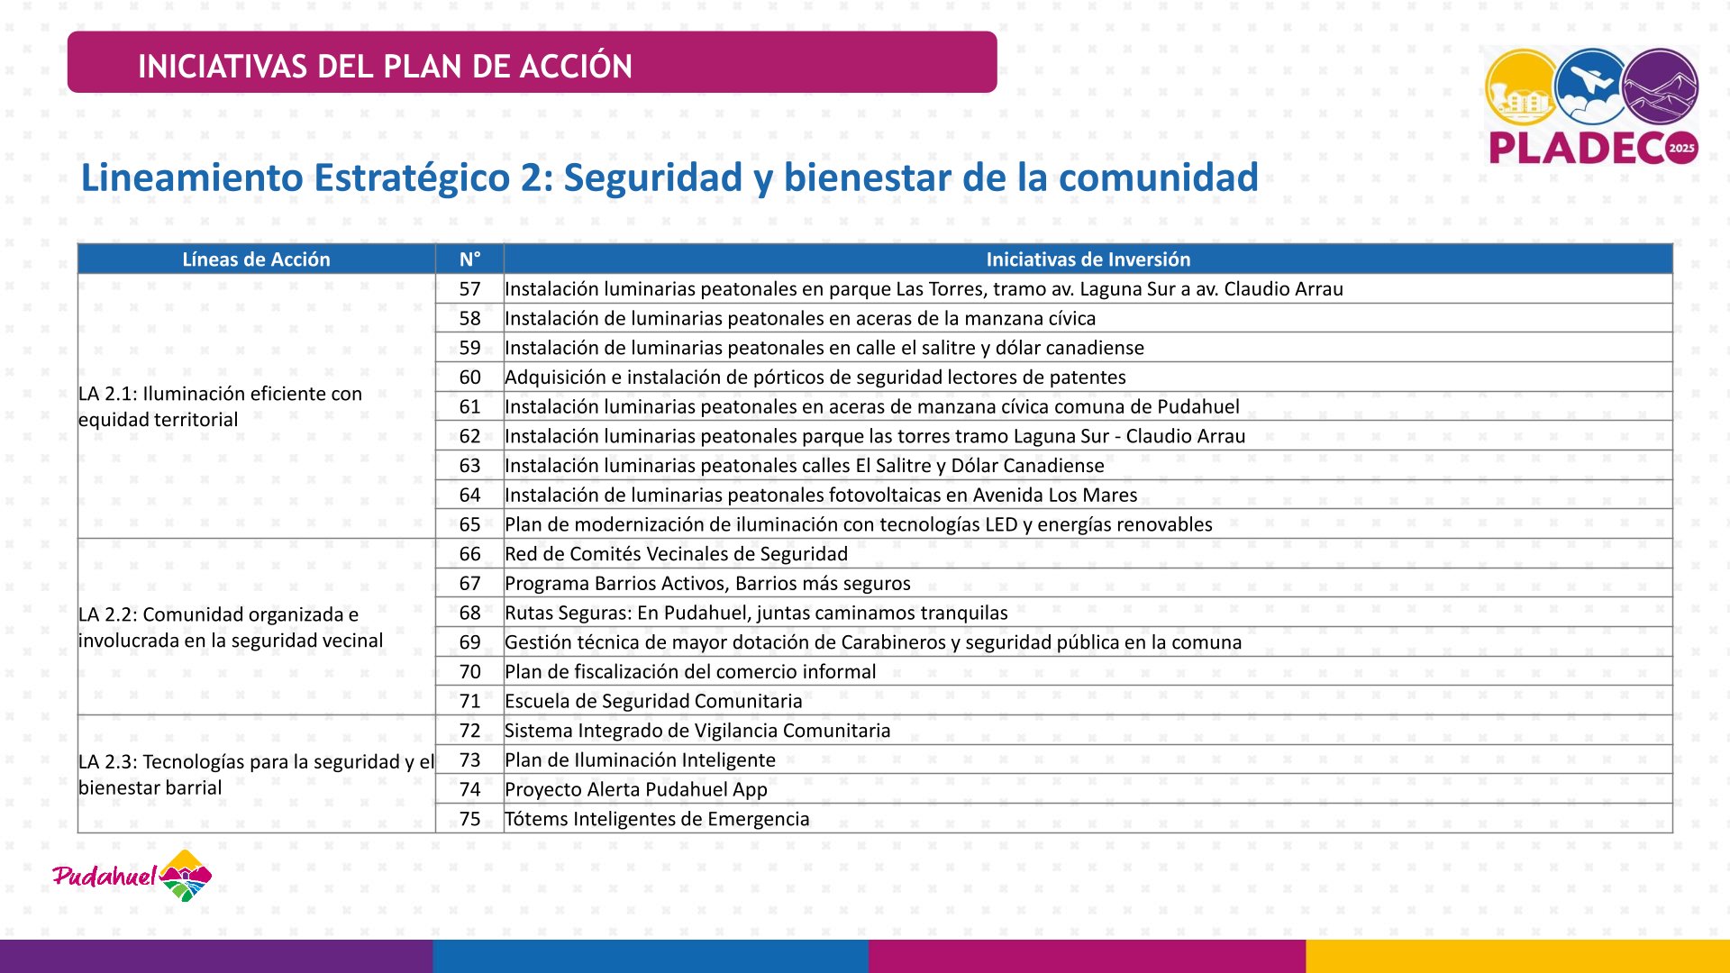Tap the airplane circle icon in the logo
click(x=1592, y=86)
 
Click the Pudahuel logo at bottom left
click(x=132, y=876)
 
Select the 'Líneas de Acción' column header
click(x=256, y=259)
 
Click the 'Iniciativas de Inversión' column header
click(x=1088, y=259)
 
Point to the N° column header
click(x=469, y=259)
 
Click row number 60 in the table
click(x=469, y=377)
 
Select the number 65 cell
click(x=469, y=524)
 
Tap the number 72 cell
click(x=469, y=731)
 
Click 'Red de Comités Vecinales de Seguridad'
click(x=676, y=554)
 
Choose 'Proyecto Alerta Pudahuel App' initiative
click(x=636, y=789)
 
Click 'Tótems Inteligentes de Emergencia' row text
click(x=657, y=819)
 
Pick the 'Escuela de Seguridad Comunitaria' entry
click(x=653, y=701)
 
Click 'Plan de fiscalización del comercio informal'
click(x=690, y=672)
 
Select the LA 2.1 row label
click(x=220, y=406)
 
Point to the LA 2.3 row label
click(x=256, y=775)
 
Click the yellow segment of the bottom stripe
click(x=1517, y=956)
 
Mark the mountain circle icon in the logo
click(x=1660, y=86)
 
